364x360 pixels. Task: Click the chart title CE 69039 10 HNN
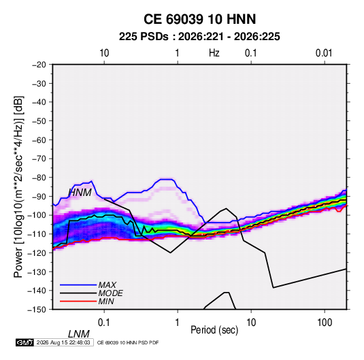199,19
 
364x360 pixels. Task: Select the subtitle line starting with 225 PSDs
199,37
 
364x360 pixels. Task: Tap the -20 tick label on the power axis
39,65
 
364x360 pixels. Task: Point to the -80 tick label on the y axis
39,178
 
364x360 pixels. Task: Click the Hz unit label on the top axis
214,53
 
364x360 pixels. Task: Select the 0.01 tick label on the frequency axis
324,53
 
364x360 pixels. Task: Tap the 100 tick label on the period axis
325,323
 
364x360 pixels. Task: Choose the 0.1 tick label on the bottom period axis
104,323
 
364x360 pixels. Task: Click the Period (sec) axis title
214,330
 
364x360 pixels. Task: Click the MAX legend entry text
107,285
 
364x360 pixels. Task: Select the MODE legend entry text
110,293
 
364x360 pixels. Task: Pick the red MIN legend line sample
78,301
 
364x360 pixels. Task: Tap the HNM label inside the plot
80,193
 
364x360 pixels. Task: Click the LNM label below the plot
79,334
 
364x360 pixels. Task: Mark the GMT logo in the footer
24,342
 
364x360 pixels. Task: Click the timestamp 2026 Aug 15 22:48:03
63,342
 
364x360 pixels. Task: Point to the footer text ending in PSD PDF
128,342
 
